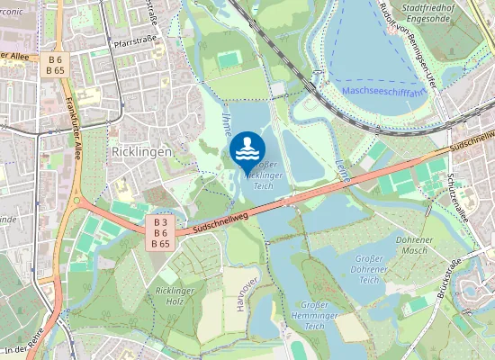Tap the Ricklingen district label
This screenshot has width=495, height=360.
[140, 153]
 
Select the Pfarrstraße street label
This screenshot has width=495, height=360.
[136, 41]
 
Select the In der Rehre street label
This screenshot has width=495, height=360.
[23, 350]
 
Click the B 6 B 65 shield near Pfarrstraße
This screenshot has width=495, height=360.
[55, 65]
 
